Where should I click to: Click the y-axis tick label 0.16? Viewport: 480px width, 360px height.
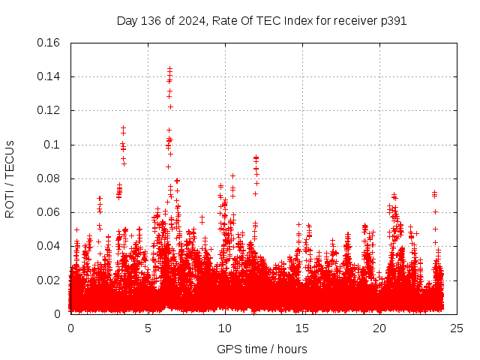click(50, 43)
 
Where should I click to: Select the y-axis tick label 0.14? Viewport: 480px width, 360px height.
click(50, 76)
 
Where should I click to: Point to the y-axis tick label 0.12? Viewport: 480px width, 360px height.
click(50, 110)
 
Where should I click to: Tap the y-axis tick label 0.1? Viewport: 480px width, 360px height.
click(53, 145)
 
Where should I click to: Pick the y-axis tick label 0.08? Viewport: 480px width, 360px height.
click(50, 178)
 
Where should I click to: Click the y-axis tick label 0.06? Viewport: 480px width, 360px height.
click(50, 212)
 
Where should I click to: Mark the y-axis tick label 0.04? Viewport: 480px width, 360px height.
click(50, 246)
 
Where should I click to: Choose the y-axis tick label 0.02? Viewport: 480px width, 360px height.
click(50, 280)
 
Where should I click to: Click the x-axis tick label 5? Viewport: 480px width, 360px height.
click(148, 328)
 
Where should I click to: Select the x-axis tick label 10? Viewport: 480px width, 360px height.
click(225, 328)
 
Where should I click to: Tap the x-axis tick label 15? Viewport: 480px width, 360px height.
click(302, 328)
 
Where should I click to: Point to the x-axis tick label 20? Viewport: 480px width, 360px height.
click(379, 328)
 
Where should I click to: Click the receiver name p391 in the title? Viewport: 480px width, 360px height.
click(393, 21)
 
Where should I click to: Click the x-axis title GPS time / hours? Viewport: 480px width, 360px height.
click(262, 349)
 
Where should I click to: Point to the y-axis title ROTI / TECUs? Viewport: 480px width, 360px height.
click(10, 178)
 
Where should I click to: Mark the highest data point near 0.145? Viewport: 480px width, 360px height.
click(169, 68)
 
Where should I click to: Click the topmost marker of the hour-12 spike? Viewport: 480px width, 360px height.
click(256, 157)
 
